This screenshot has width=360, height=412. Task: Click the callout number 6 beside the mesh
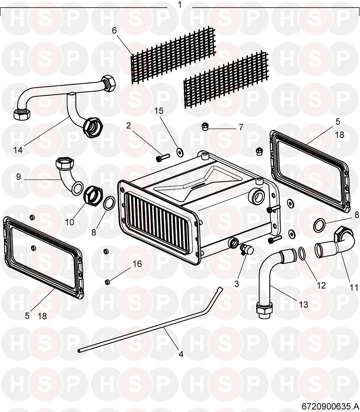[114, 31]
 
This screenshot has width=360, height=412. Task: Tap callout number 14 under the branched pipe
[18, 150]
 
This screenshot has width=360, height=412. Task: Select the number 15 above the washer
[158, 110]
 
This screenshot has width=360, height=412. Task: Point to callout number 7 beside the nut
[241, 127]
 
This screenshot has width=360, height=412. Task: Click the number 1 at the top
[180, 5]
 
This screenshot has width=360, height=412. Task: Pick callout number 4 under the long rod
[181, 354]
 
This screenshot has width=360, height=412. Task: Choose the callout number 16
[137, 263]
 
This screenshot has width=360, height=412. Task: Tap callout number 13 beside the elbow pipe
[303, 304]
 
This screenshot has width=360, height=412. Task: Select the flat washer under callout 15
[180, 152]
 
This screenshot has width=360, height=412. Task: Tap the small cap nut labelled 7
[204, 127]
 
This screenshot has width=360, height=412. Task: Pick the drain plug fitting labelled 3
[246, 250]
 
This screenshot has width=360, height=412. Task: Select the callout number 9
[18, 176]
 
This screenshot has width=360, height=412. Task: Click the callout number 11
[354, 287]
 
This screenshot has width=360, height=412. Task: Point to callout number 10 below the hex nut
[70, 222]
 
